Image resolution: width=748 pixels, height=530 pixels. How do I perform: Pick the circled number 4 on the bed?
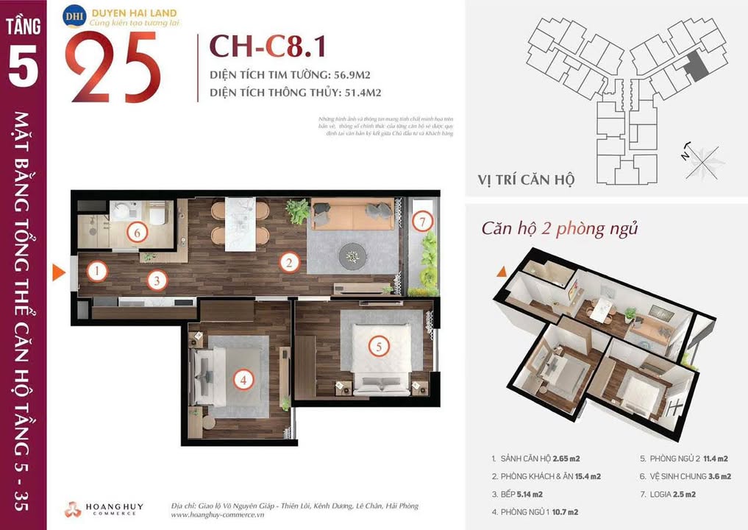[x=242, y=380]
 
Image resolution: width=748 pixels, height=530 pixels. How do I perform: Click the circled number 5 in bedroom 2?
[x=378, y=346]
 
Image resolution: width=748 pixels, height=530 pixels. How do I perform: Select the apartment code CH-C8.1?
[x=268, y=46]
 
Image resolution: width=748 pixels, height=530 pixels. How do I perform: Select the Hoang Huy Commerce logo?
[x=104, y=509]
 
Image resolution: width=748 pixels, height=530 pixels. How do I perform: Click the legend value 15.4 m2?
[x=584, y=476]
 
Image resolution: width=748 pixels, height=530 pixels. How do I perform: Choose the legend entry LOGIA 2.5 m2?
[x=668, y=494]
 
